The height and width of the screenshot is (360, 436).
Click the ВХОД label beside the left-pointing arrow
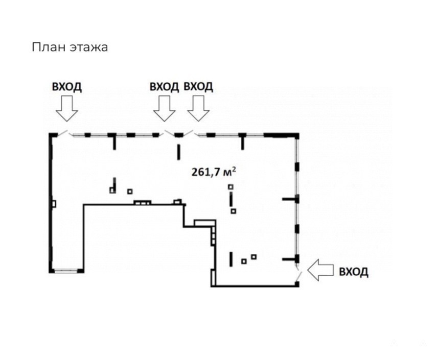354,271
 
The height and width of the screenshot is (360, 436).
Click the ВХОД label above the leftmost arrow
66,87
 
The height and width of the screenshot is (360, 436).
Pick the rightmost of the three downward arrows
198,108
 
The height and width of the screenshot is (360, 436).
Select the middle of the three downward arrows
165,108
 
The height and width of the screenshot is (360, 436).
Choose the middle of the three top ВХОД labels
164,87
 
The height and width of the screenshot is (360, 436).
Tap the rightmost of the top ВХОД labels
198,87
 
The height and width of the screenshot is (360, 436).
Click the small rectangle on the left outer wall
53,203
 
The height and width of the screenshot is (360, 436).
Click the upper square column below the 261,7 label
231,187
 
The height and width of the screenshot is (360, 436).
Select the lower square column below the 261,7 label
234,210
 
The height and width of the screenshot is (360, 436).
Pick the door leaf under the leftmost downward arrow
62,133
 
